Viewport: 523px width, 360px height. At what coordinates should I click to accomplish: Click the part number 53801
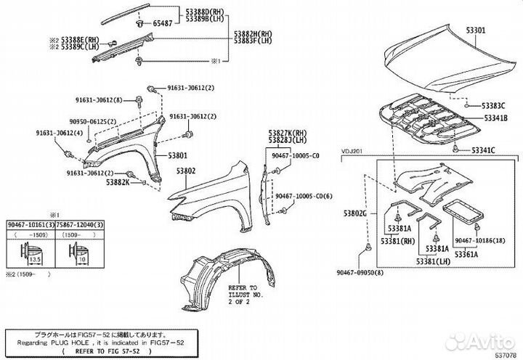179,155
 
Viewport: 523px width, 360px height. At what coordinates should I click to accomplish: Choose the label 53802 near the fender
186,171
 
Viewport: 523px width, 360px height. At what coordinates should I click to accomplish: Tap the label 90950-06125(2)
88,121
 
